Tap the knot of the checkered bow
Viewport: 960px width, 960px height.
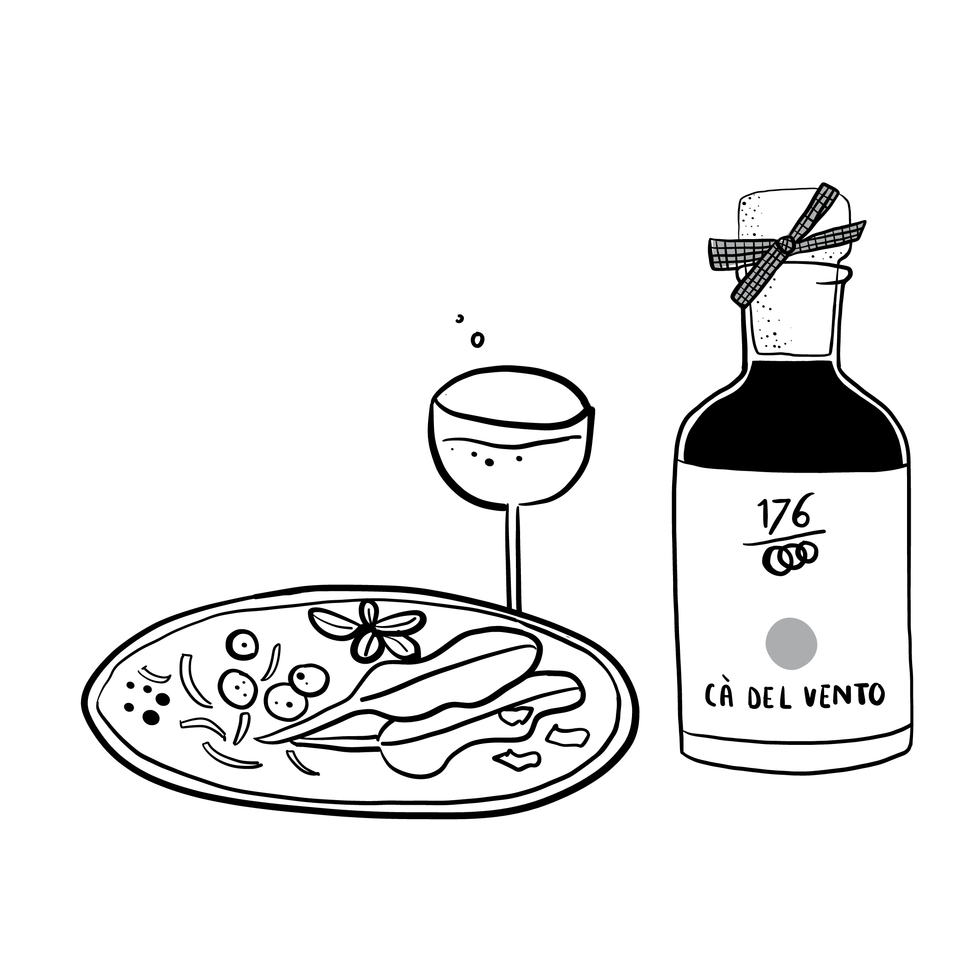click(x=785, y=244)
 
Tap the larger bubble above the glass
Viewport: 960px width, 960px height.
click(x=477, y=340)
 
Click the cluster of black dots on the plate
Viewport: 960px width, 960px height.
click(x=144, y=702)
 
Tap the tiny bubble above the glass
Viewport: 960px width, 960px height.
click(x=460, y=318)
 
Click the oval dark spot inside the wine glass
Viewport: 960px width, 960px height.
click(x=489, y=462)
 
